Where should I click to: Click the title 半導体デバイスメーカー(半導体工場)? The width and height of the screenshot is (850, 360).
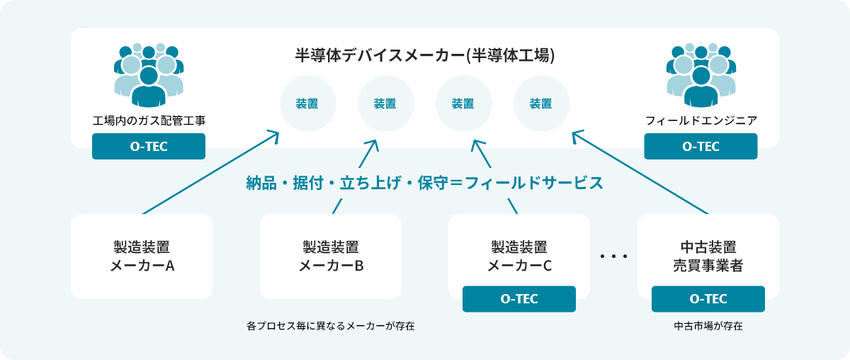(425, 55)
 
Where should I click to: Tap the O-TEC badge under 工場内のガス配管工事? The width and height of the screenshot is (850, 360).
(149, 146)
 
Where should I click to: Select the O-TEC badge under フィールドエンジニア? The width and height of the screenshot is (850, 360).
(701, 146)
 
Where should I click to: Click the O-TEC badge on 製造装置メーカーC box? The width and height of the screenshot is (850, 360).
(519, 299)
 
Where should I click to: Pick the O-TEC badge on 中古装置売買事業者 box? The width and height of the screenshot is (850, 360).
(708, 299)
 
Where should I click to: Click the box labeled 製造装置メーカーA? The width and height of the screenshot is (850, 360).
(142, 257)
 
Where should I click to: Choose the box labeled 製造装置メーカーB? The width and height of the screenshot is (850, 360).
(331, 257)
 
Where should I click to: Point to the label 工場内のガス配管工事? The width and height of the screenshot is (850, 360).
(149, 120)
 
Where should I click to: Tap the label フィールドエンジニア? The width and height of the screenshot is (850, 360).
(701, 120)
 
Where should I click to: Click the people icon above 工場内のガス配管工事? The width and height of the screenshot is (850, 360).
(149, 75)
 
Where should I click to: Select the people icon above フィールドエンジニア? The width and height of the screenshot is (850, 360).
(701, 75)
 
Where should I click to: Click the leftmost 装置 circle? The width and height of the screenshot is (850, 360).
(308, 103)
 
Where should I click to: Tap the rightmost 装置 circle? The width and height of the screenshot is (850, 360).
(542, 103)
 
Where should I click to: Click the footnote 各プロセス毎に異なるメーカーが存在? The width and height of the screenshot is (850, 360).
(331, 326)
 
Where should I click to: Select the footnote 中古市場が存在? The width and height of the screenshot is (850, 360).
(708, 326)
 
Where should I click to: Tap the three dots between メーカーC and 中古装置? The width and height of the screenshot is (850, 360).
(613, 257)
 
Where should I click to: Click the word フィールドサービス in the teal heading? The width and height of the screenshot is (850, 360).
(534, 183)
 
